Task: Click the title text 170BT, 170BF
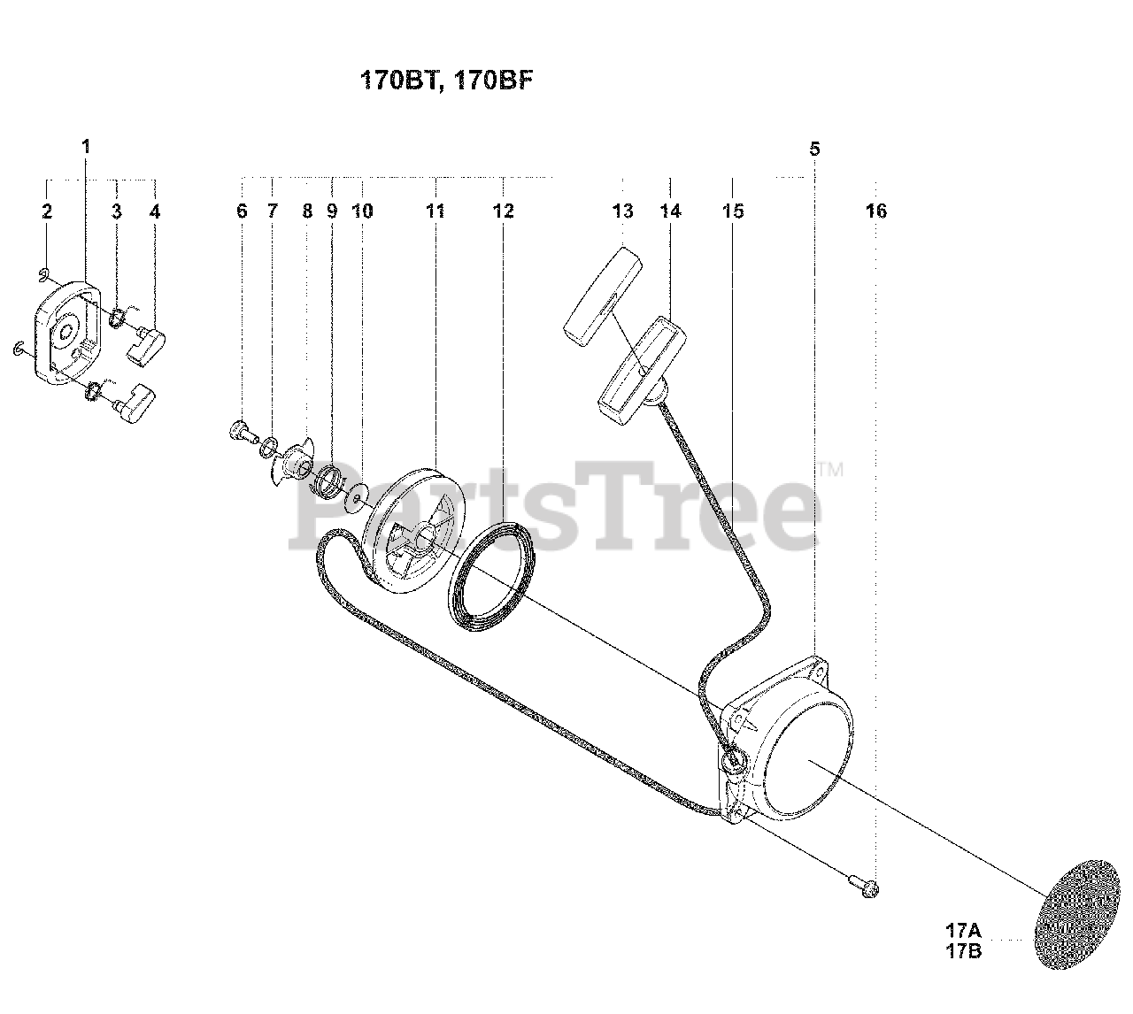448,81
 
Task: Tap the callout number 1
86,146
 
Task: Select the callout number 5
814,149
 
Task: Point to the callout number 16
876,211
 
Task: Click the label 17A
963,931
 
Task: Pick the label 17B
963,952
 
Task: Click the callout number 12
503,211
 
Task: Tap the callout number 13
622,211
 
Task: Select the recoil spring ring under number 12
490,575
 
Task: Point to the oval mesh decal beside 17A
1081,911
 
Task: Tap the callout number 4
155,211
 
